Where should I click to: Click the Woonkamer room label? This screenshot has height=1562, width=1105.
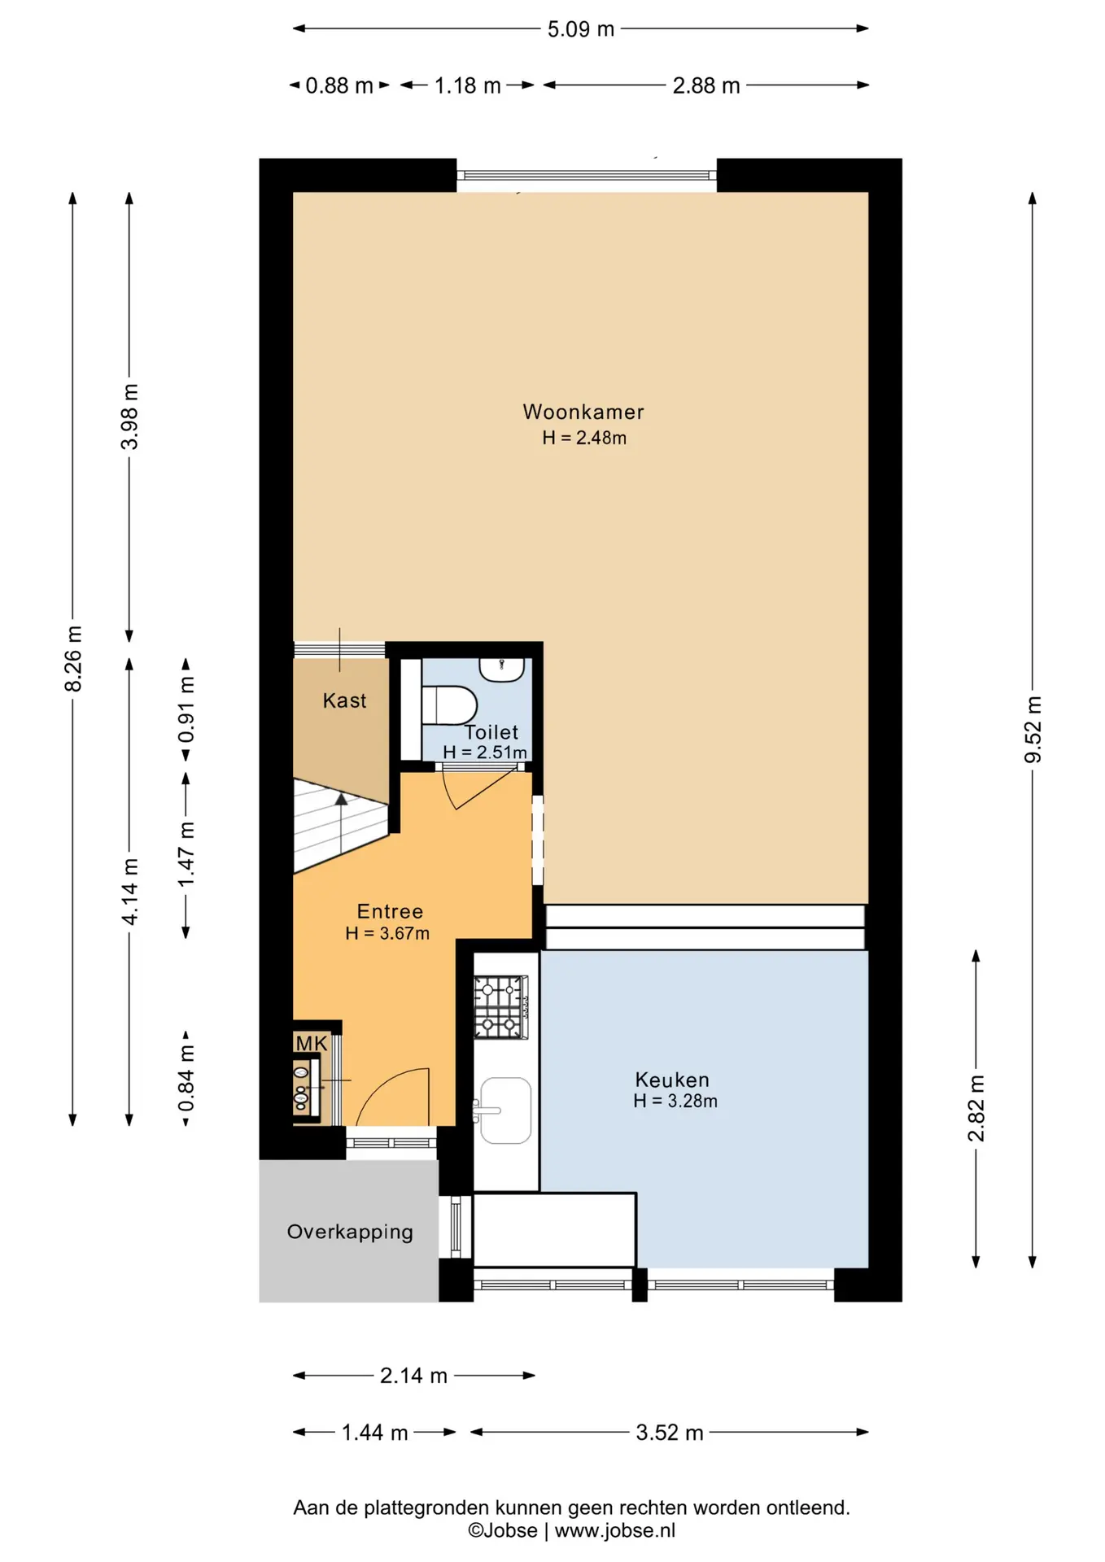[583, 412]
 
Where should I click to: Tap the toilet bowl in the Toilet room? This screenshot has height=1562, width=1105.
[449, 705]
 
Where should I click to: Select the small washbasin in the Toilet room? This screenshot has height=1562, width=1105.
[501, 670]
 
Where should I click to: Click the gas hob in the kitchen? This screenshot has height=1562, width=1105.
[500, 1007]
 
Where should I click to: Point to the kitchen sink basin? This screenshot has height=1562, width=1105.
[505, 1110]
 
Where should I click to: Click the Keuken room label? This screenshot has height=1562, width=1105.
[672, 1080]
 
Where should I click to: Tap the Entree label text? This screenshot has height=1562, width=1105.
[390, 911]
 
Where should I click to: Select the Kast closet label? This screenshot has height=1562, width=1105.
[344, 700]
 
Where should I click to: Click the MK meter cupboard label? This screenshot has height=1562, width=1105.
[311, 1043]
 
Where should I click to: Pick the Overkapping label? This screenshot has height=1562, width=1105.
[350, 1232]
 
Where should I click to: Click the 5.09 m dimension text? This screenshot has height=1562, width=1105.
[580, 29]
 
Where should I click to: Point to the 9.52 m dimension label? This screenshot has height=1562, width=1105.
[1033, 730]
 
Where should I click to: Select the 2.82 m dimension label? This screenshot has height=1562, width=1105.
[976, 1108]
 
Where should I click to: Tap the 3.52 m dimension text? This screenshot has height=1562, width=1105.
[670, 1432]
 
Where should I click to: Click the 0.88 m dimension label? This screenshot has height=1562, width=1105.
[339, 85]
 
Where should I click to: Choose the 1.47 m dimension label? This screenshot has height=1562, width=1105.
[186, 855]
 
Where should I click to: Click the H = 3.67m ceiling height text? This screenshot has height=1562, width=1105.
[387, 933]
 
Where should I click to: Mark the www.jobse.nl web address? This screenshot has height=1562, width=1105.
[615, 1530]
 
